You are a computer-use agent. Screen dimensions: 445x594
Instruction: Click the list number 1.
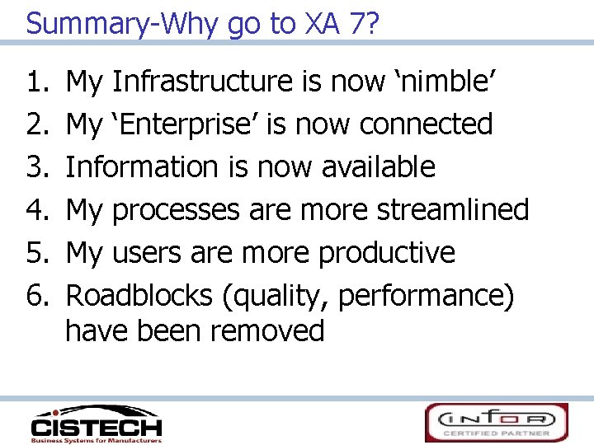[x=36, y=82]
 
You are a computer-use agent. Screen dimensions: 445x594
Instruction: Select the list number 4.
[x=36, y=209]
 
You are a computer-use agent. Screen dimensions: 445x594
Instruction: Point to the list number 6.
[x=36, y=294]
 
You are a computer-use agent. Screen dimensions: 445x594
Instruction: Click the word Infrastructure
[x=201, y=82]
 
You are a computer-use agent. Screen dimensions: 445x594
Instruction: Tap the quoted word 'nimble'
[x=447, y=82]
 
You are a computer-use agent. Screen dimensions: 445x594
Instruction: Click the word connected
[x=426, y=124]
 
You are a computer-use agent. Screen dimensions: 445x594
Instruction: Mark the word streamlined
[x=453, y=209]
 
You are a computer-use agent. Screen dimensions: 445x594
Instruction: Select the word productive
[x=387, y=252]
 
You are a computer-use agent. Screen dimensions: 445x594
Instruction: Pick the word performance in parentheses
[x=438, y=295]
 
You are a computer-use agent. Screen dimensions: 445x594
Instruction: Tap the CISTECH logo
[x=96, y=424]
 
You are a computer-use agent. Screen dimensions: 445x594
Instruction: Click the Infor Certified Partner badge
[x=497, y=422]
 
